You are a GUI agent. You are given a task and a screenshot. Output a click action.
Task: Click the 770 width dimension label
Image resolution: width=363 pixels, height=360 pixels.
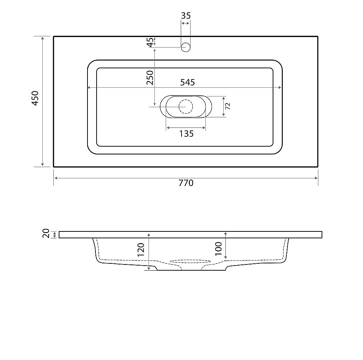click(186, 183)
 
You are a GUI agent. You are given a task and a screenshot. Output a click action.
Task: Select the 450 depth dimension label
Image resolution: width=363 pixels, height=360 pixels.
click(35, 98)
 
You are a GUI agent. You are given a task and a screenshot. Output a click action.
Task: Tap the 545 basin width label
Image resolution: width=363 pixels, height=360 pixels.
click(188, 82)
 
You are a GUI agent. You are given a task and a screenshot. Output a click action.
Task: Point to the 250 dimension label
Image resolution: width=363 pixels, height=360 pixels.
click(150, 78)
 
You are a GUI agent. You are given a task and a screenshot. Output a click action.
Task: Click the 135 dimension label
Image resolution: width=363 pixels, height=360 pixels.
click(186, 134)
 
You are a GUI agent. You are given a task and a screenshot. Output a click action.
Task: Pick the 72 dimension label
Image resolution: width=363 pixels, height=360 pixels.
click(228, 106)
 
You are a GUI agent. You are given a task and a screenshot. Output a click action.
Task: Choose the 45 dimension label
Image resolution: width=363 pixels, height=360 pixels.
click(151, 42)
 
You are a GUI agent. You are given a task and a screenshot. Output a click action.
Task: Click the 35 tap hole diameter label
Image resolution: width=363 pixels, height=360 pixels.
click(185, 16)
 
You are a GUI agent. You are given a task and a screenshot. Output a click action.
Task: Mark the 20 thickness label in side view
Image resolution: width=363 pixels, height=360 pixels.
click(46, 233)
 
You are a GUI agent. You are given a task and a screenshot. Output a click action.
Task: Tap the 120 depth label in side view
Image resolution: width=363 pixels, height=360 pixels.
click(141, 250)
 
